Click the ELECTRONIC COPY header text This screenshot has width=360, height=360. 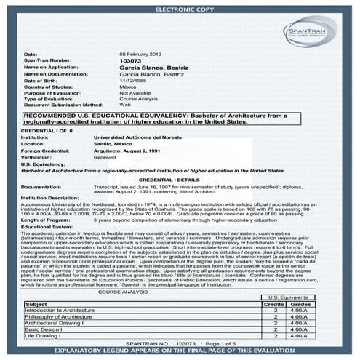click(x=180, y=8)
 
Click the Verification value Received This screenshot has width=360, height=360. click(x=105, y=156)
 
